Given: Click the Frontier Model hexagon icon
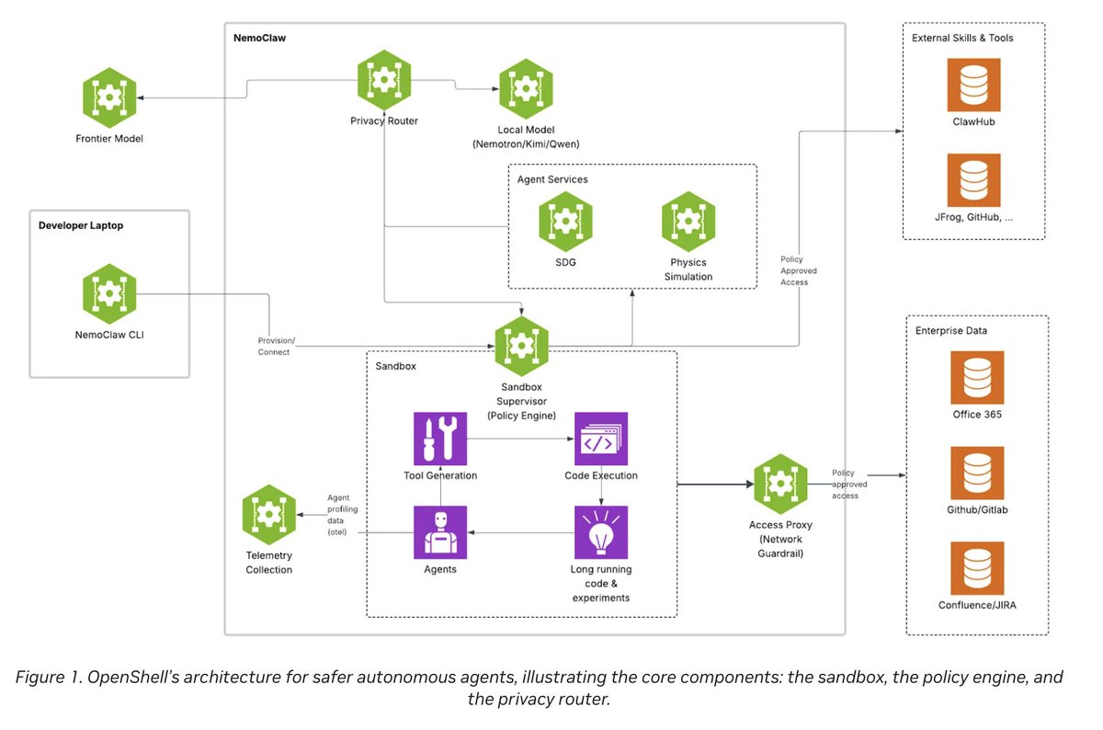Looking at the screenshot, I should pos(109,101).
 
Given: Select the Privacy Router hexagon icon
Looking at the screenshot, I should pos(384,82).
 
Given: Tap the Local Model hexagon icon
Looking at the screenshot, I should pos(525,88).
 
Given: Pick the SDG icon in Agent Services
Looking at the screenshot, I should pos(565,222).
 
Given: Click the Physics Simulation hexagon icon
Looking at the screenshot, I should pos(688,222).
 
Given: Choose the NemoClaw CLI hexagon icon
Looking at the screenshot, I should pos(109,294).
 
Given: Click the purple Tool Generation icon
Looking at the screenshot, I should pos(439,439).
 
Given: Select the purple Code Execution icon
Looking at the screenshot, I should pos(601,439).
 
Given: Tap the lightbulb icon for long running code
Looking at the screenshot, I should pos(601,532).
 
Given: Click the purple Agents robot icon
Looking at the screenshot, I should pos(439,532).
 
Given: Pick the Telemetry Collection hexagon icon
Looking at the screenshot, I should pos(268,515).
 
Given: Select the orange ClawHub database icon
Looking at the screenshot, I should pos(973,85).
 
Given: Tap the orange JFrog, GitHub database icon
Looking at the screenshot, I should pos(973,180).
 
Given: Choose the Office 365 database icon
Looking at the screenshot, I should pos(977,377).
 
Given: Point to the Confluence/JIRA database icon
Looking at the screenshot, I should pos(977,568).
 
